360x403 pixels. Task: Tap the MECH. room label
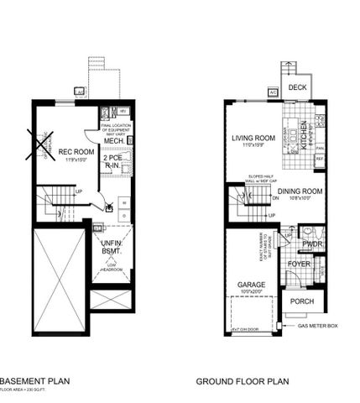pyautogui.click(x=114, y=141)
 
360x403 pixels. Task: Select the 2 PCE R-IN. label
pyautogui.click(x=112, y=162)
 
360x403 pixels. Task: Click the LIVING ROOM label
pyautogui.click(x=254, y=138)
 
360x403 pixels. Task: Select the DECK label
pyautogui.click(x=298, y=87)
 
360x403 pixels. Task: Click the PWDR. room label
pyautogui.click(x=313, y=244)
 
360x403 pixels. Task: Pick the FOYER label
pyautogui.click(x=300, y=264)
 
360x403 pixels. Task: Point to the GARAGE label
pyautogui.click(x=251, y=285)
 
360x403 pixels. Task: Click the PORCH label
pyautogui.click(x=301, y=301)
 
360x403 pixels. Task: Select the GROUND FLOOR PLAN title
pyautogui.click(x=243, y=381)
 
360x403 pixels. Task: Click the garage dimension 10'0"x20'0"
pyautogui.click(x=251, y=294)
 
